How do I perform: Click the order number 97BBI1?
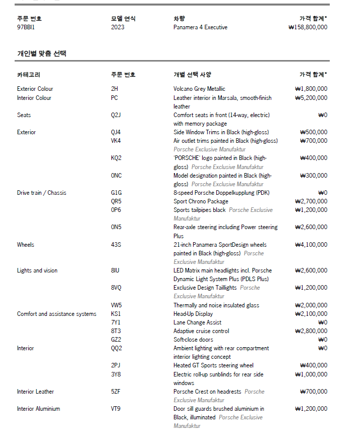[x=26, y=27]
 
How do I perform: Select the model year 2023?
[x=117, y=27]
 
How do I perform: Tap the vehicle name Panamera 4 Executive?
[x=200, y=27]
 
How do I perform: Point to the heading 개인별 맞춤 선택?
[x=41, y=53]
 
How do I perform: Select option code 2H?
[x=114, y=89]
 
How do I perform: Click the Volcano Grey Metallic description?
[x=199, y=89]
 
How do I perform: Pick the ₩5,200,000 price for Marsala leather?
[x=311, y=98]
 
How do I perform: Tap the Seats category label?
[x=24, y=115]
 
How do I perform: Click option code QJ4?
[x=116, y=132]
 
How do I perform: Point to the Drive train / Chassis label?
[x=41, y=193]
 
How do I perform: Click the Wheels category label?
[x=26, y=245]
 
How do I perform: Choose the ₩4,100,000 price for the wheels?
[x=311, y=245]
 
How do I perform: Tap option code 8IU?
[x=115, y=270]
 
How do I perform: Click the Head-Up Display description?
[x=193, y=314]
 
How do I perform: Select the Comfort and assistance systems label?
[x=56, y=314]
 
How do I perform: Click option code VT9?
[x=116, y=409]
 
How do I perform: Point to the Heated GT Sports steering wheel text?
[x=213, y=365]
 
